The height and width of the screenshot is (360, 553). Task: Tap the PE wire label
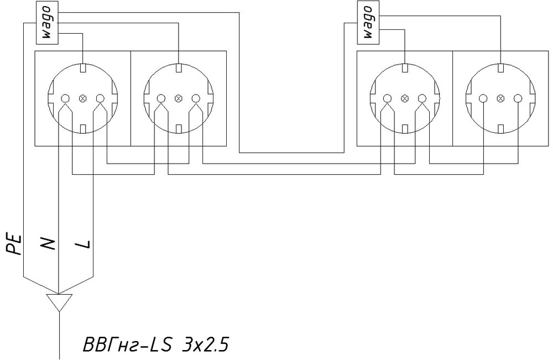tap(15, 244)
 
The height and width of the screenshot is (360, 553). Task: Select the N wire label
tap(48, 243)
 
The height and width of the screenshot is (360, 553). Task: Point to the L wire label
tap(85, 243)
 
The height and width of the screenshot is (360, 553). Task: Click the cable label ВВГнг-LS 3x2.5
tap(155, 345)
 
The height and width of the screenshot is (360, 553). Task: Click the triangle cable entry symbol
tap(58, 302)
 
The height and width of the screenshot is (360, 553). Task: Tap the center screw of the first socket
tap(82, 98)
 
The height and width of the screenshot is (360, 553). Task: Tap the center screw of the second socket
tap(178, 98)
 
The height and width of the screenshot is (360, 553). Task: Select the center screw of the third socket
tap(404, 98)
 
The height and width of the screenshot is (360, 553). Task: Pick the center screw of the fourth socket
tap(500, 98)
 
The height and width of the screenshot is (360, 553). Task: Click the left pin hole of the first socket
tap(65, 98)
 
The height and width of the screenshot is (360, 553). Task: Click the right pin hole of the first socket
tap(100, 98)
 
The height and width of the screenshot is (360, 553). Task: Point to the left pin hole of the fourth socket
tap(483, 98)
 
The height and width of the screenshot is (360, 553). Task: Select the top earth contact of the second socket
tap(178, 69)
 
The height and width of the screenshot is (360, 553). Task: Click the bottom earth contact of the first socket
tap(82, 129)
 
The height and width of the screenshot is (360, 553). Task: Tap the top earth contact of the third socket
tap(404, 69)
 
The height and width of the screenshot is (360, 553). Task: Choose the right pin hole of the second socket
tap(195, 98)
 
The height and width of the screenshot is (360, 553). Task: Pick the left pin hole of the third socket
tap(387, 98)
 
